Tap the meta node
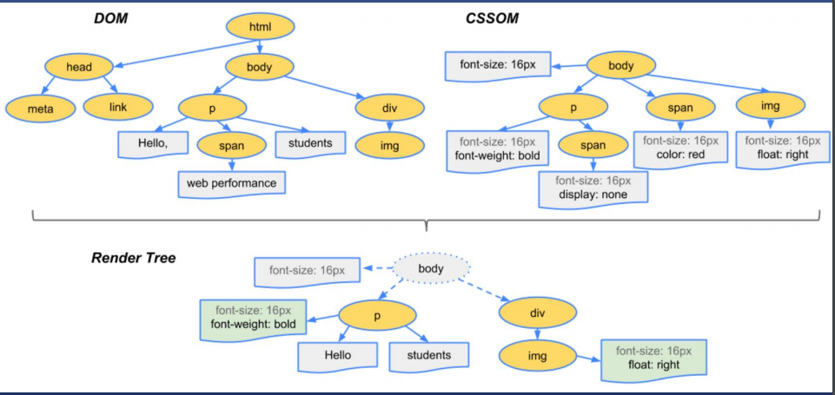[x=40, y=109]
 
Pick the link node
[x=119, y=107]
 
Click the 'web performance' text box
[x=231, y=184]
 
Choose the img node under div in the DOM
[x=390, y=145]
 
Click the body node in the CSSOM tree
[x=621, y=65]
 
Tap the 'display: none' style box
[x=593, y=188]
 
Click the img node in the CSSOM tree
[x=770, y=107]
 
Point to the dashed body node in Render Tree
[x=431, y=268]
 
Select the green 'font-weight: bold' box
[x=254, y=318]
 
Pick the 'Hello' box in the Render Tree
[x=338, y=355]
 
